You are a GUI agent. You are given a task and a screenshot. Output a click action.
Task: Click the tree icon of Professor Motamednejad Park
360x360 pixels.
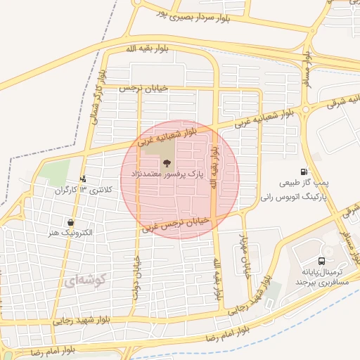pos(166,163)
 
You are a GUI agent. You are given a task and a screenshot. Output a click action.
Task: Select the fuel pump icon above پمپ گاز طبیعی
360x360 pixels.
pos(304,171)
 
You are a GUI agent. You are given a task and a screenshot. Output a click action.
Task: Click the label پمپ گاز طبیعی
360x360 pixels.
pos(304,181)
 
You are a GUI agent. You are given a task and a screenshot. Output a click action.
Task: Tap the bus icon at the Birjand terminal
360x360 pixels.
pos(330,252)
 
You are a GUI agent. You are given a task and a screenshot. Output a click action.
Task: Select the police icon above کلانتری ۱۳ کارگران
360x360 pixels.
pos(84,179)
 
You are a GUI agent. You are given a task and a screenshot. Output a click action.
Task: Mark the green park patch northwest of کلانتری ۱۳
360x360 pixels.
pos(55,172)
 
